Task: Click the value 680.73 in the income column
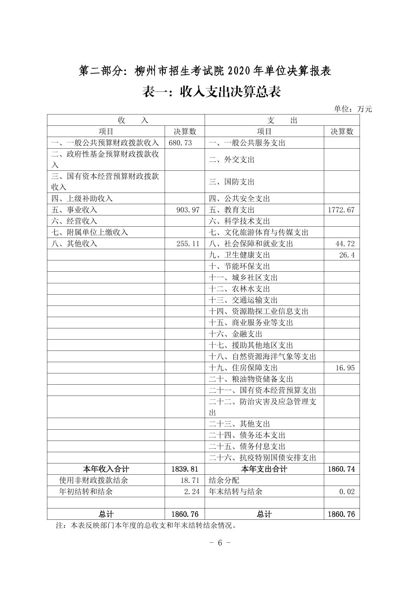click(x=180, y=143)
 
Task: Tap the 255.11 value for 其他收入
click(x=188, y=244)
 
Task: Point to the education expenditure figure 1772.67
click(x=341, y=210)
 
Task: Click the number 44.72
click(x=345, y=244)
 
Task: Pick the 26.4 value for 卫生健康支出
click(x=347, y=255)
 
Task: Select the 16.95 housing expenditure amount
click(x=345, y=368)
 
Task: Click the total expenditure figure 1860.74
click(x=341, y=469)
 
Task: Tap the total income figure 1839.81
click(x=185, y=469)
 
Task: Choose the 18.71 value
click(x=190, y=480)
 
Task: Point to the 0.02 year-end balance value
click(x=347, y=491)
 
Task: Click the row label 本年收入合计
click(x=106, y=469)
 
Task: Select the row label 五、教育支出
click(x=232, y=210)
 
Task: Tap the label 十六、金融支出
click(x=236, y=334)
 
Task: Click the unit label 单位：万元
click(x=353, y=109)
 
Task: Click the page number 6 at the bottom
click(x=219, y=543)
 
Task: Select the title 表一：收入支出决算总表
click(x=212, y=92)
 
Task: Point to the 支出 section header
click(x=282, y=120)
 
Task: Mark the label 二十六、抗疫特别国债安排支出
click(x=262, y=458)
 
